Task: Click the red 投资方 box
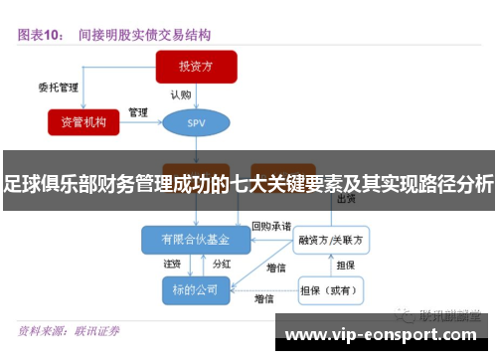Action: point(196,67)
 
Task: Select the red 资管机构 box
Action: point(83,121)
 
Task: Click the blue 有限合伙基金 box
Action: point(195,240)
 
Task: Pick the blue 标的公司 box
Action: point(195,289)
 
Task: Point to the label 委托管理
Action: point(58,88)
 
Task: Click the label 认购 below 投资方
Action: point(180,95)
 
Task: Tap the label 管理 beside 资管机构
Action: point(138,111)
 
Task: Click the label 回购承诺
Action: point(270,226)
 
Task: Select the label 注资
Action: point(172,265)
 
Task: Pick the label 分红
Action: point(222,265)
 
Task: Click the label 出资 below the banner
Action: point(347,199)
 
